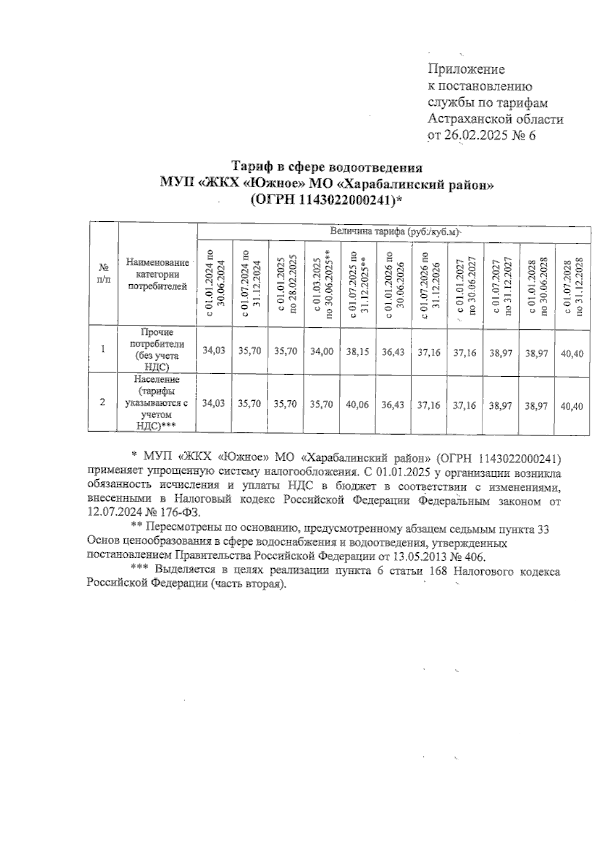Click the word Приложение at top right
tap(466, 69)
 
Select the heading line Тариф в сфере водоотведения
tap(327, 166)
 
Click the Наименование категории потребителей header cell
tap(158, 274)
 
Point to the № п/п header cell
tap(103, 274)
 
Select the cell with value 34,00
tap(322, 352)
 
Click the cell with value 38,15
tap(358, 352)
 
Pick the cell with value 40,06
tap(358, 404)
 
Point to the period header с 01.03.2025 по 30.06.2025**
tap(322, 284)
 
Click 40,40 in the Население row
tap(572, 405)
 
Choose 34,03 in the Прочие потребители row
tap(214, 351)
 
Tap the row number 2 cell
tap(103, 402)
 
